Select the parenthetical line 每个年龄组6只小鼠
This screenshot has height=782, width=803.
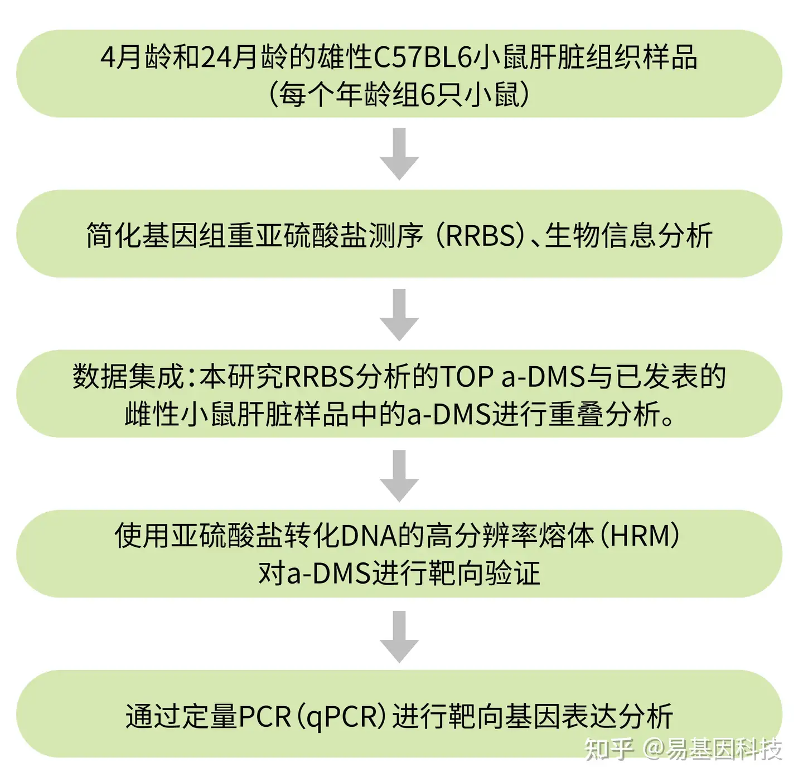pos(399,94)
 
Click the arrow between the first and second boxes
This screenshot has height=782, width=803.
pos(399,154)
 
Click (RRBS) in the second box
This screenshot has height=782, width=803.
pos(481,235)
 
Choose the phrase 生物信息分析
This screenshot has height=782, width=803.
pos(628,235)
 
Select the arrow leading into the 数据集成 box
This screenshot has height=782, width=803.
pos(399,314)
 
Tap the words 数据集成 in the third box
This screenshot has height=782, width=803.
pos(128,376)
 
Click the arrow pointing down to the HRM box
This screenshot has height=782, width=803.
pos(399,475)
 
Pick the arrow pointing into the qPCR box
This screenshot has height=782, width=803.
pos(399,636)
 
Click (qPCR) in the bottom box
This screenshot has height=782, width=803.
pos(340,716)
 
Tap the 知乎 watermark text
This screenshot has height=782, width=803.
pos(608,749)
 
